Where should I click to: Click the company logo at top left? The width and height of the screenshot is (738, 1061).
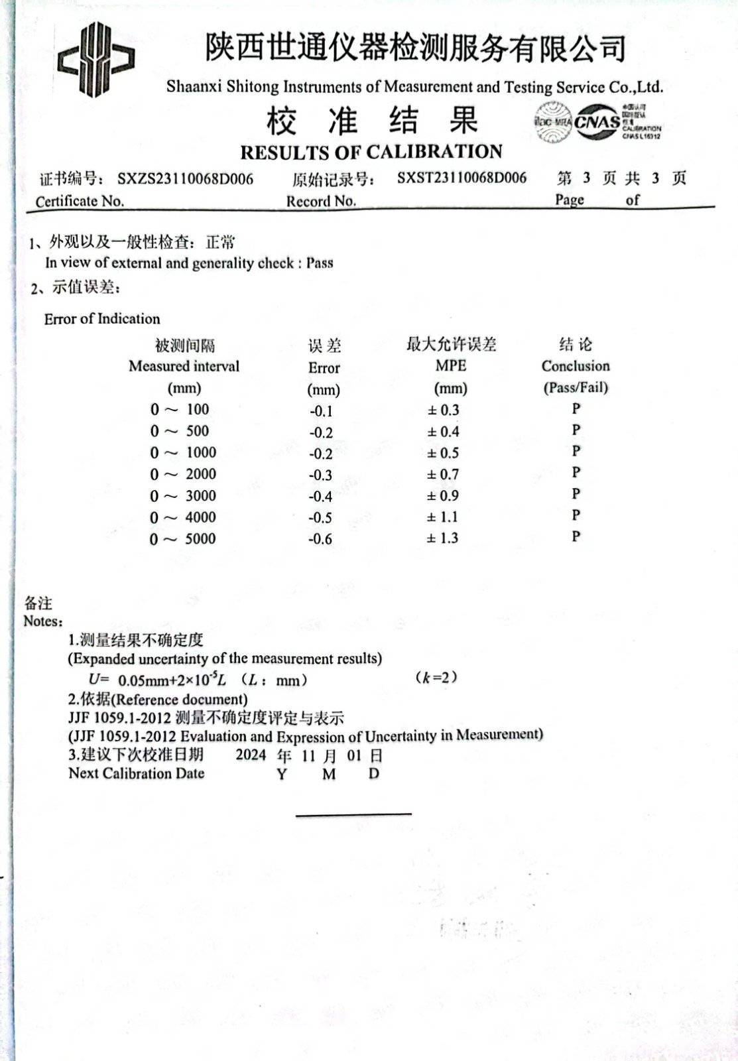97,60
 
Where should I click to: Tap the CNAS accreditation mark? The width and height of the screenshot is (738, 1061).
597,122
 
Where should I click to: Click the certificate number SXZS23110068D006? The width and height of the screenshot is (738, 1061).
186,178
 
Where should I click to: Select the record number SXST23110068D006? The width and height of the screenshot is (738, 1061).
461,178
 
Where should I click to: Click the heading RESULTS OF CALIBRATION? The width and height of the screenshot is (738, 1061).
371,152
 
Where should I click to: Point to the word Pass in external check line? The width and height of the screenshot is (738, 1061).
320,263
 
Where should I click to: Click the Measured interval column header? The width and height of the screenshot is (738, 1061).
184,366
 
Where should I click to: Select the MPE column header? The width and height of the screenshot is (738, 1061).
451,365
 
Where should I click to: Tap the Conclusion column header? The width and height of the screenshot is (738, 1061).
576,365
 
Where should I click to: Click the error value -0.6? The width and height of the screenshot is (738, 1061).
320,539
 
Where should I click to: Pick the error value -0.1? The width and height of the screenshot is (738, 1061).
321,411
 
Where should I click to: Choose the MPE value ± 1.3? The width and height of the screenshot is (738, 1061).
443,538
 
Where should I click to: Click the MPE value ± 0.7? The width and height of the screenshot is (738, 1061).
443,474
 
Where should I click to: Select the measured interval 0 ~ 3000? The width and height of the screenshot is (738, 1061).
183,496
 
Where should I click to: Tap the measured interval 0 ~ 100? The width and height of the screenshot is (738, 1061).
180,410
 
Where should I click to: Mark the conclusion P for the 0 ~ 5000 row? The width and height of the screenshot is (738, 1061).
576,536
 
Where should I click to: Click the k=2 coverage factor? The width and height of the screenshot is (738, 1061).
436,677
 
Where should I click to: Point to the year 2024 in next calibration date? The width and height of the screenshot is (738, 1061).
251,755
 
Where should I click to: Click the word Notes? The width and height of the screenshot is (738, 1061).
43,621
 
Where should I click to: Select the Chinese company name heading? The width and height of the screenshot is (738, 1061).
415,48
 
